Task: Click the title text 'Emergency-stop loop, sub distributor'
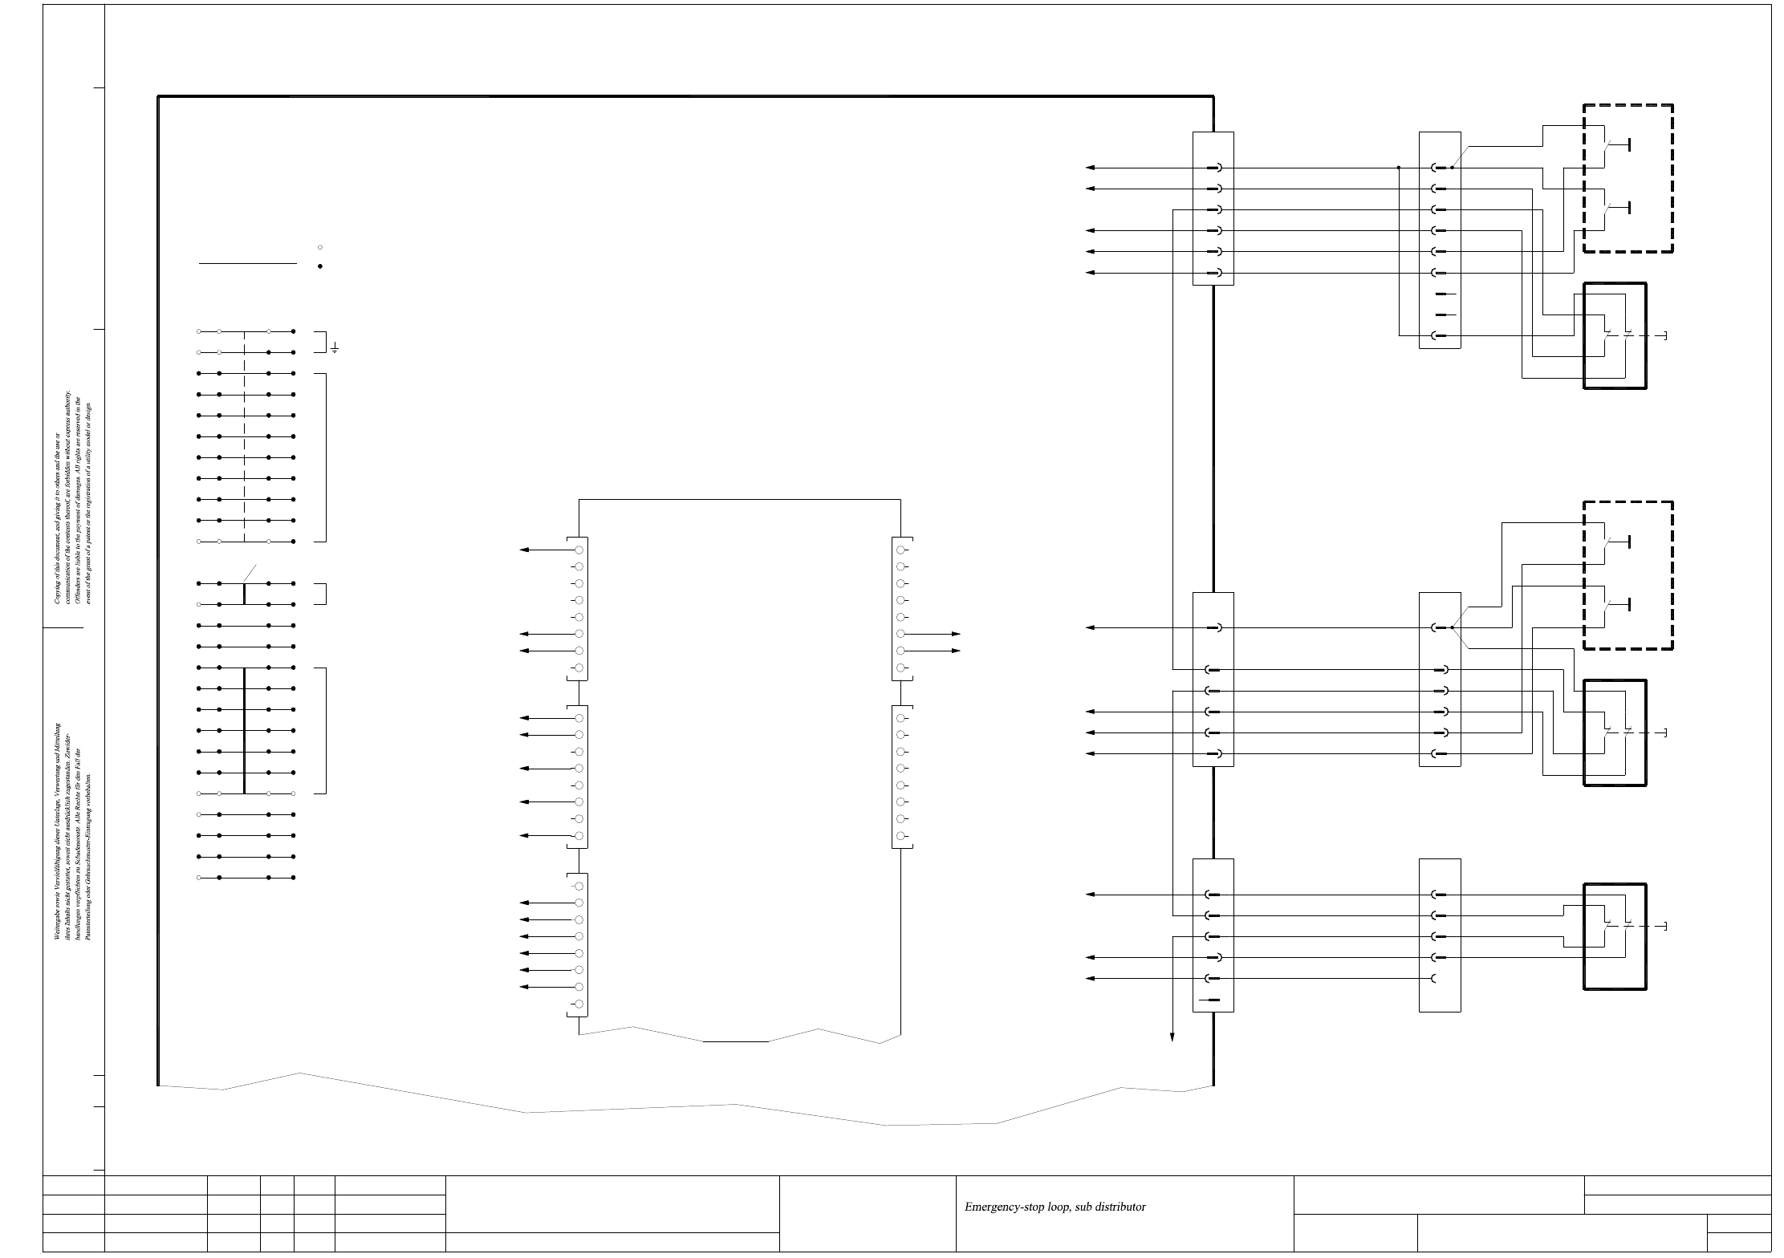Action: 1055,1207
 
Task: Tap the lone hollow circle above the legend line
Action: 320,247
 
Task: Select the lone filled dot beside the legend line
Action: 320,266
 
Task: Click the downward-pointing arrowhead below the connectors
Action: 1172,1037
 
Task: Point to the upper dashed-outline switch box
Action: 1628,178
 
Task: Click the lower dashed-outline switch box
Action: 1628,575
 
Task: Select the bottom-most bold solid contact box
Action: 1615,936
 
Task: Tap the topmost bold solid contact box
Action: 1615,335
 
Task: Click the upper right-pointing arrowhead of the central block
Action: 956,634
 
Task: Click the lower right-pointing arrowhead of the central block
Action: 956,651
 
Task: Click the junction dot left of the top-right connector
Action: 1398,168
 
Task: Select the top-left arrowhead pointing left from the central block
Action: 524,550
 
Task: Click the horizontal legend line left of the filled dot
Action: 247,263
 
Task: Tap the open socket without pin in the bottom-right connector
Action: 1433,979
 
